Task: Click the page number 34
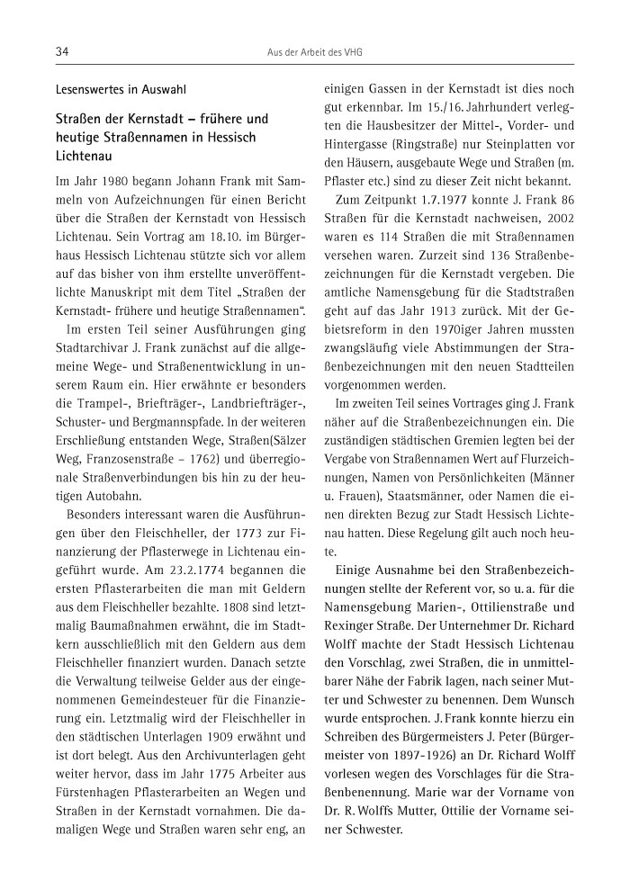(62, 53)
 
